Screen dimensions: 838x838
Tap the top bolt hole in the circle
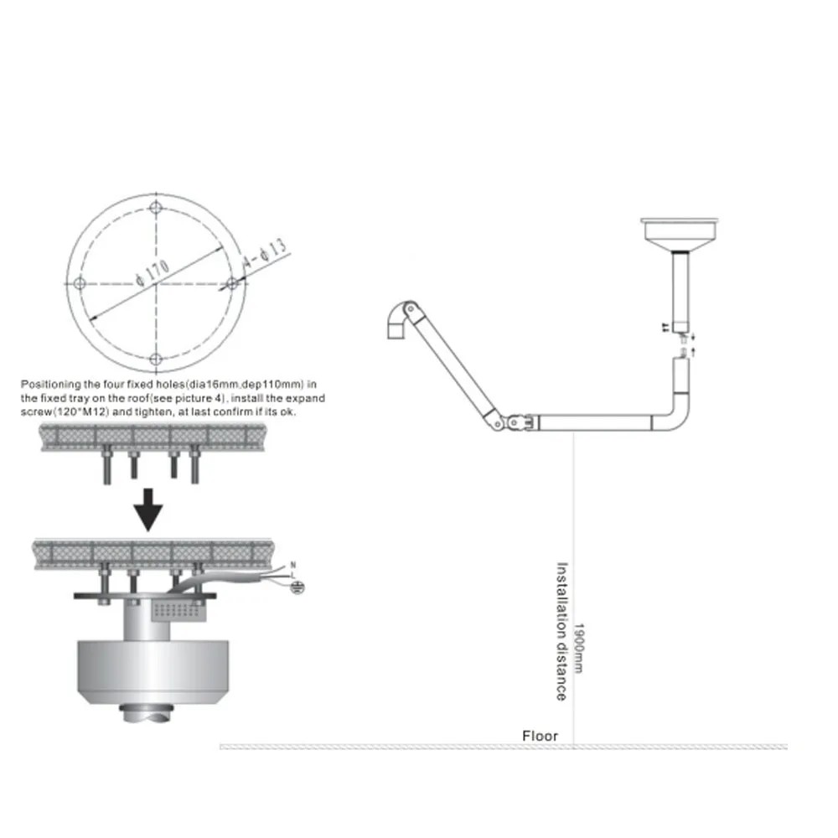coord(156,208)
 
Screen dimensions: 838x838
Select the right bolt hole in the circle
coord(232,284)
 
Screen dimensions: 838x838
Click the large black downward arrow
coord(148,510)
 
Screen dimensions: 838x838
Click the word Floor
coord(540,736)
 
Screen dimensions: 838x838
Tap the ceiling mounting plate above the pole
coord(680,228)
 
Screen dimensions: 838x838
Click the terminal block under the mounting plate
coord(178,610)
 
